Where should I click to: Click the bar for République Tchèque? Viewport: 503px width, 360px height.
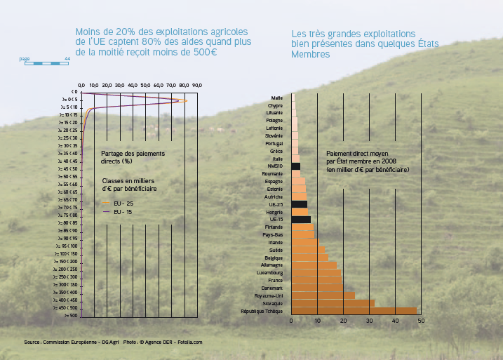(x=354, y=311)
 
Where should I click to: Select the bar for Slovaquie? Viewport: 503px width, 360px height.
(x=333, y=303)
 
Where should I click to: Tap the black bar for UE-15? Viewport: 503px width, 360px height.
(x=300, y=220)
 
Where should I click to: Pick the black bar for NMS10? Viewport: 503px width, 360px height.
(x=295, y=166)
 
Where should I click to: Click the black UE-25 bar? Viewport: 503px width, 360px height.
(x=299, y=204)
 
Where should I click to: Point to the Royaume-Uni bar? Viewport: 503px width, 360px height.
(x=323, y=295)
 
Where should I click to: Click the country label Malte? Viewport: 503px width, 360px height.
(x=277, y=97)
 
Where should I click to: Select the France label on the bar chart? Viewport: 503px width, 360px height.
(x=275, y=280)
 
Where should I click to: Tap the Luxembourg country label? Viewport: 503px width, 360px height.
(x=270, y=272)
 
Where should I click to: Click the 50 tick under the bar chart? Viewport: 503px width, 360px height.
(x=421, y=321)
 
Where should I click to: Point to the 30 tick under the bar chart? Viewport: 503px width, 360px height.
(x=369, y=321)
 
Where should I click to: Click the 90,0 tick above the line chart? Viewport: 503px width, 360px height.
(x=196, y=85)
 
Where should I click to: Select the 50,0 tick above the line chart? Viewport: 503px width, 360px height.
(x=145, y=85)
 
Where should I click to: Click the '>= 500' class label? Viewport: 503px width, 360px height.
(x=69, y=316)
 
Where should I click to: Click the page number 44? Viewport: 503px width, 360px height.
(x=67, y=59)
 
